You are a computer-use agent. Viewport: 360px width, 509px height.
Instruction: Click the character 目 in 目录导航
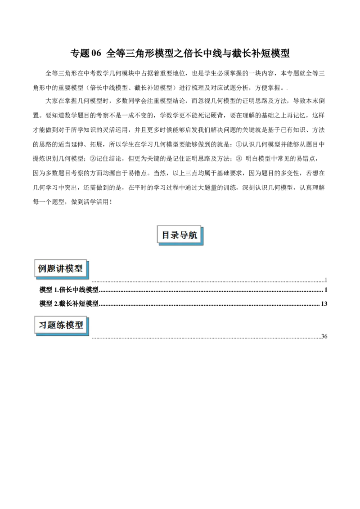tap(166, 235)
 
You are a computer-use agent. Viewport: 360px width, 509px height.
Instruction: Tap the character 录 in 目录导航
tap(175, 235)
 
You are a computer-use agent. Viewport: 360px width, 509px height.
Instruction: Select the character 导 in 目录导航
tap(184, 235)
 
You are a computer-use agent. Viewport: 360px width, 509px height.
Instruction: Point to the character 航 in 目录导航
tap(193, 235)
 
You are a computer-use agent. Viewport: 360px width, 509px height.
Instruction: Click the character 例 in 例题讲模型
tap(42, 269)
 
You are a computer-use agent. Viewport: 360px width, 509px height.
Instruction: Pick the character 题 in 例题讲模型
tap(51, 269)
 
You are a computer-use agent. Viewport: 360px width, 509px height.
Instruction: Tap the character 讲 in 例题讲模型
tap(60, 269)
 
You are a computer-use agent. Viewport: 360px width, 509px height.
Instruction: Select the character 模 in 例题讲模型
tap(69, 269)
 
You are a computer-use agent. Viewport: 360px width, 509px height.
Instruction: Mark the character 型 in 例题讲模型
tap(78, 269)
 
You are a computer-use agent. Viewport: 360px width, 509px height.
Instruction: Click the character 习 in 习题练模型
tap(43, 325)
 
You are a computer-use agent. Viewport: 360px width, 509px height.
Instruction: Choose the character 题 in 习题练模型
tap(52, 325)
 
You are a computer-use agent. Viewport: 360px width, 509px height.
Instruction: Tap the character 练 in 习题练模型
tap(61, 325)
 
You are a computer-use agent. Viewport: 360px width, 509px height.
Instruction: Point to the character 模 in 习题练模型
tap(70, 325)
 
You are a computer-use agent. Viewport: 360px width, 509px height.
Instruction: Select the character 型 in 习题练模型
tap(79, 325)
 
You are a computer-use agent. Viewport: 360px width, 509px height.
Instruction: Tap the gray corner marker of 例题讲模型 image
tap(92, 282)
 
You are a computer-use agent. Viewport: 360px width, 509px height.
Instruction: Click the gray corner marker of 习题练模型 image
tap(92, 339)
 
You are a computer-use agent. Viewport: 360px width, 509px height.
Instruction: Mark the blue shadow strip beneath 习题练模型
tap(63, 335)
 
